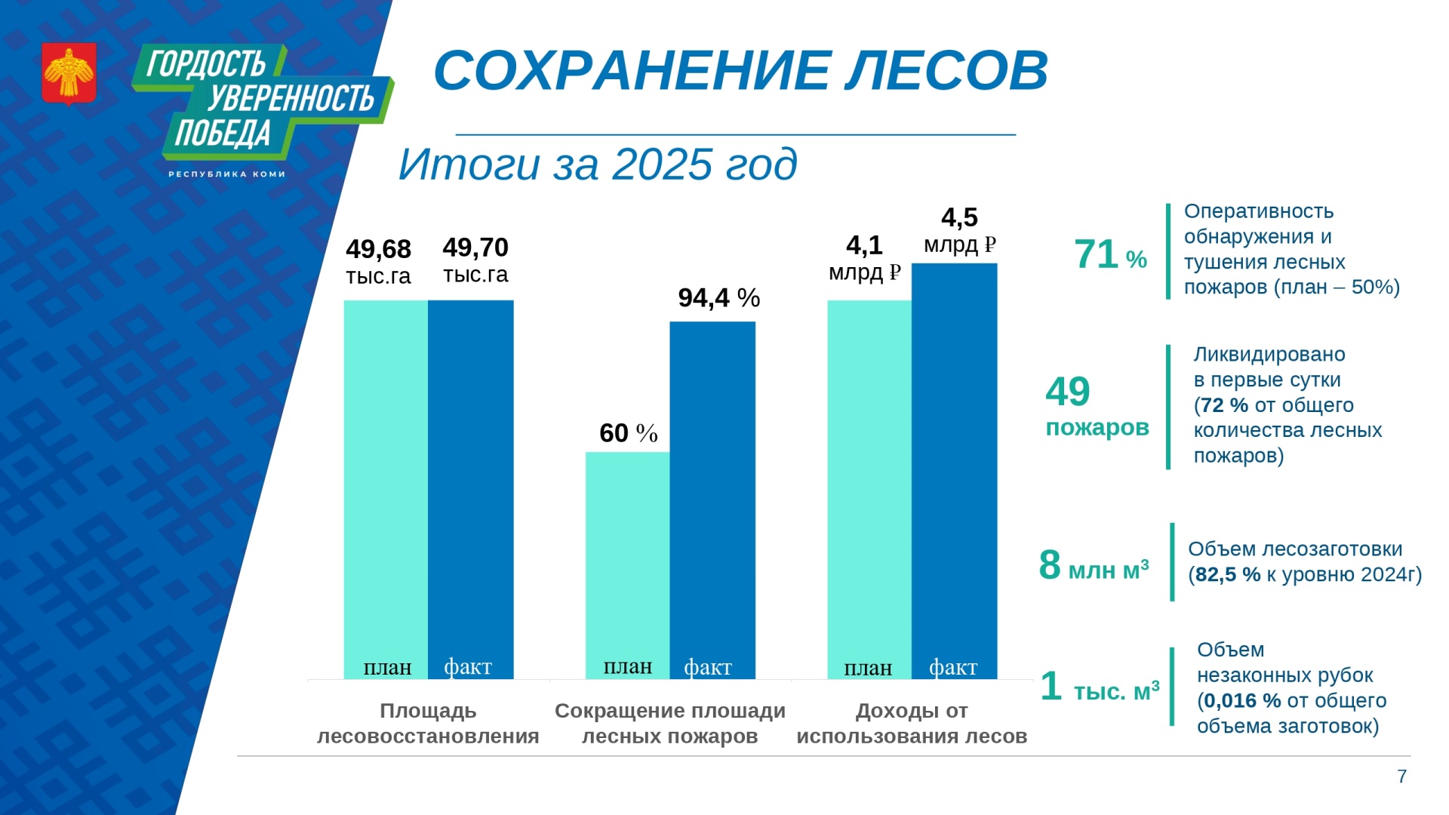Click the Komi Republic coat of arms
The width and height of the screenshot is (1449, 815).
[69, 73]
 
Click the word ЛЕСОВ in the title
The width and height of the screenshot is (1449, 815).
[946, 70]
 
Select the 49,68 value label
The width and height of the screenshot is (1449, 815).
[378, 249]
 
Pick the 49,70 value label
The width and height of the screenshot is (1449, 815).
[475, 248]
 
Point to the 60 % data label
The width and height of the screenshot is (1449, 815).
[629, 433]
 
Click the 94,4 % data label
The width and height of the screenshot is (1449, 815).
[719, 298]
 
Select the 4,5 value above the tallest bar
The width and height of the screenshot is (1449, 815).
[959, 217]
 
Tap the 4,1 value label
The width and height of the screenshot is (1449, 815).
[864, 245]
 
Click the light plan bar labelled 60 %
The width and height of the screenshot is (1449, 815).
[628, 565]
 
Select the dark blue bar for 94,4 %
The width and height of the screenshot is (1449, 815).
[712, 500]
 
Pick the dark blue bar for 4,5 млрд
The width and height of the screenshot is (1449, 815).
[955, 471]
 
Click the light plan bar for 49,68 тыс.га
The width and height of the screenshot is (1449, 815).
[386, 490]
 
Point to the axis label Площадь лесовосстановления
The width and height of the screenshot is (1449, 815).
[428, 723]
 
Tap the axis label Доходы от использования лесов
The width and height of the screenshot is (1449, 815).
[912, 723]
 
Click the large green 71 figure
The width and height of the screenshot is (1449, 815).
[1097, 254]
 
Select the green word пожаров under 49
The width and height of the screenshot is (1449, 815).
[1097, 428]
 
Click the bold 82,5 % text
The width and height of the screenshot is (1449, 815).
[1228, 575]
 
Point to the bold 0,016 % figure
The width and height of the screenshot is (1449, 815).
[1242, 701]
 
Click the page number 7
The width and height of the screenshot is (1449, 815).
[1401, 777]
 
